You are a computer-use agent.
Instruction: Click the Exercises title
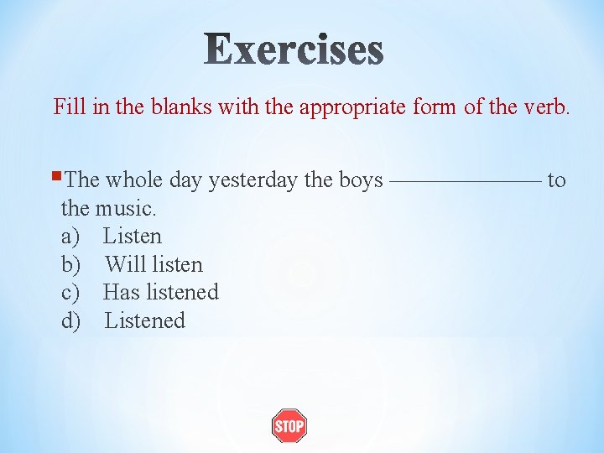(x=294, y=49)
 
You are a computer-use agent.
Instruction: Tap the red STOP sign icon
(x=289, y=426)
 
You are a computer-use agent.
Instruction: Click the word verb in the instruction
(x=547, y=107)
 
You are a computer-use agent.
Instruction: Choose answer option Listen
(x=133, y=237)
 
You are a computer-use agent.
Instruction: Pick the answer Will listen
(x=154, y=264)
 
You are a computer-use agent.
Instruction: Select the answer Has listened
(x=160, y=292)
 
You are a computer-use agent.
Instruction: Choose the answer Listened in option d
(x=144, y=320)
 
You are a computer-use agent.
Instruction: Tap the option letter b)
(x=71, y=264)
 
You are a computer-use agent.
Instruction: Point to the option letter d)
(x=71, y=320)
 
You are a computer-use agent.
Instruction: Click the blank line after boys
(x=466, y=180)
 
